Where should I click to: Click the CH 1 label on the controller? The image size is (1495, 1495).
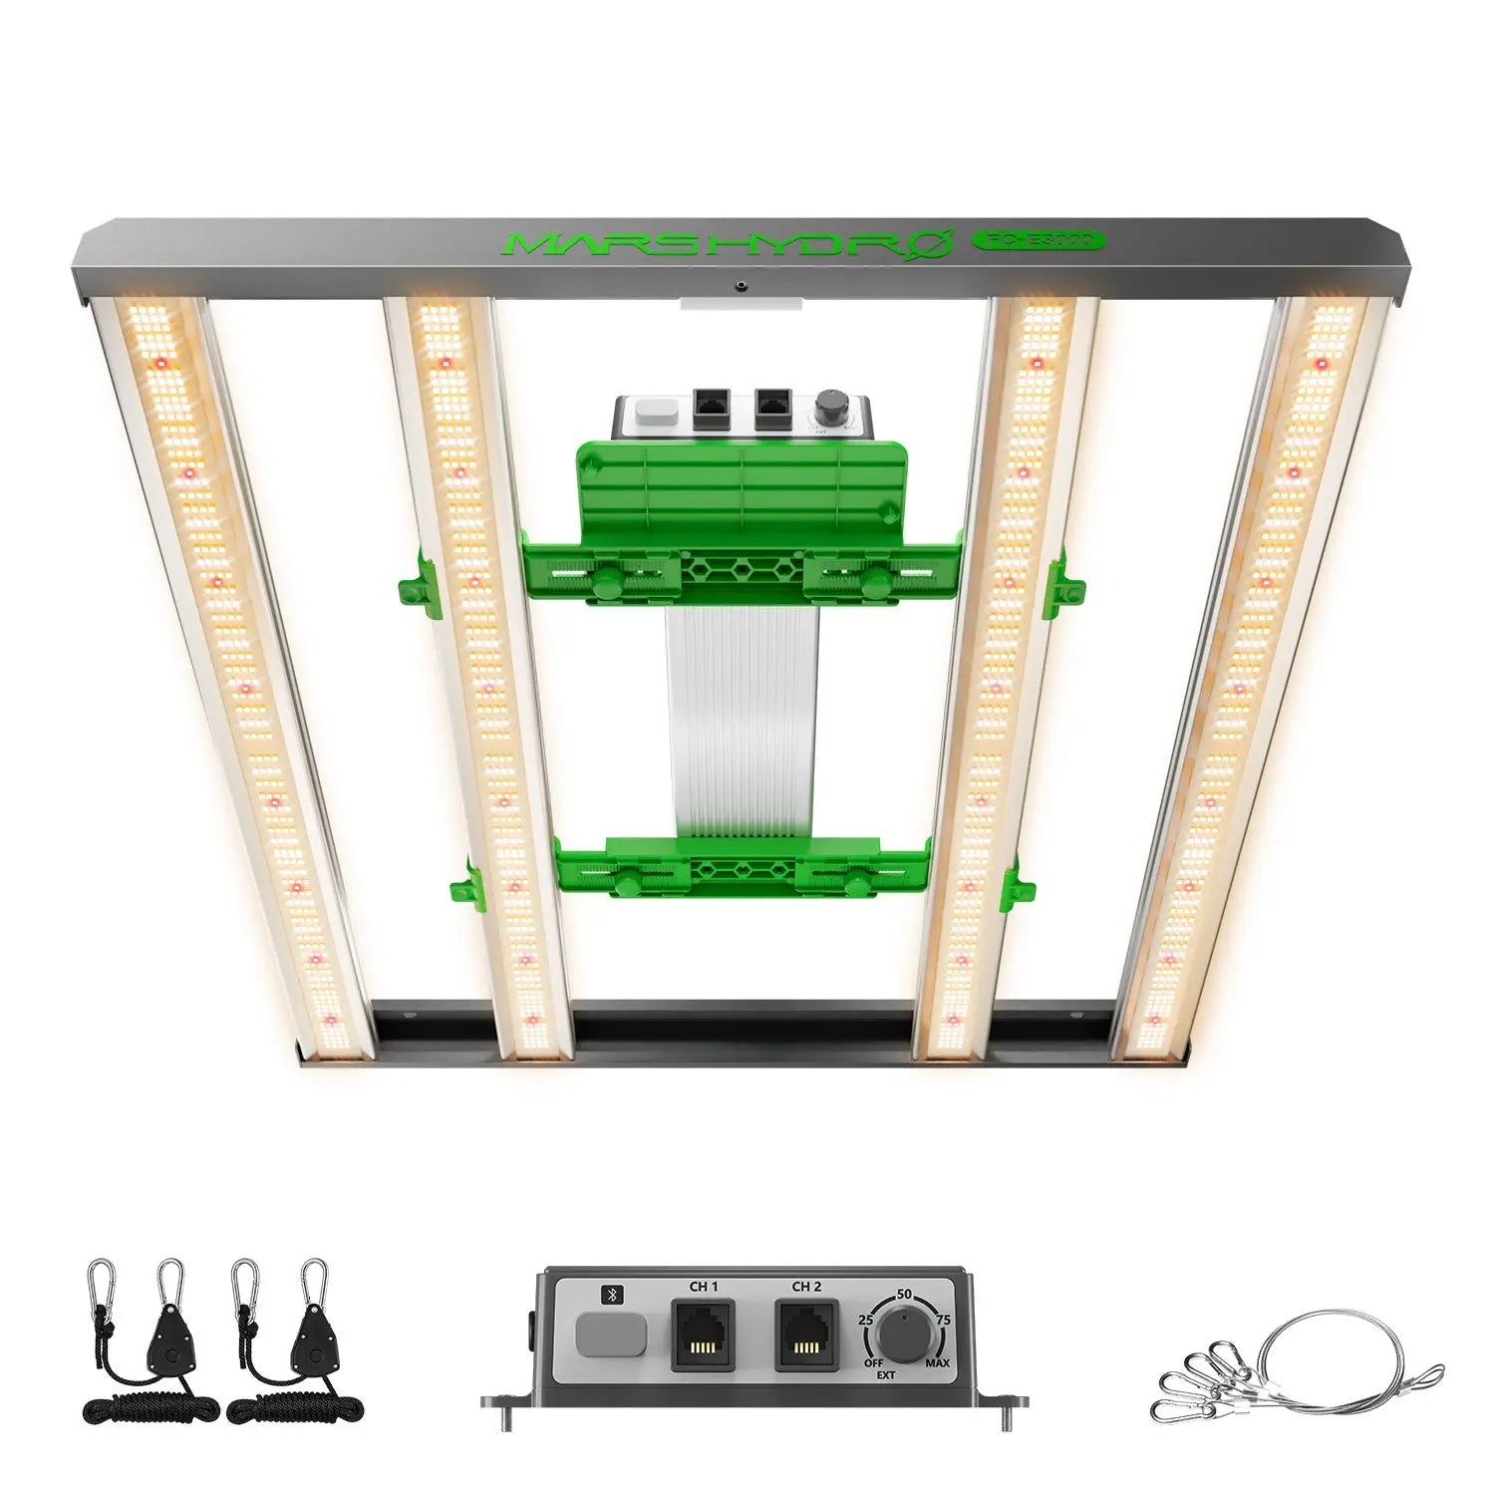tap(704, 1287)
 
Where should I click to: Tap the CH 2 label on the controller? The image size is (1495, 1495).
tap(806, 1287)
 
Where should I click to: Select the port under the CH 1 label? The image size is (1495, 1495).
tap(703, 1336)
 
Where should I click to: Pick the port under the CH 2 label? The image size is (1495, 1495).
tap(806, 1336)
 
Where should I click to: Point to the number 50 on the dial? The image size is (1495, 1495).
tap(904, 1294)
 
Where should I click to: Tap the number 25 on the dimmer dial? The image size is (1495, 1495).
tap(866, 1320)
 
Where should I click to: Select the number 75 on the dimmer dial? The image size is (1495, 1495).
tap(943, 1320)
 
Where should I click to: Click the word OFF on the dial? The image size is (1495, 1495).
tap(873, 1362)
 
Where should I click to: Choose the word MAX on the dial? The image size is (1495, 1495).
tap(937, 1362)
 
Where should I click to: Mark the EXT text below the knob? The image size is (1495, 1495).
tap(886, 1375)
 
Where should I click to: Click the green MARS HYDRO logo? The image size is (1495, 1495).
tap(722, 244)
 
